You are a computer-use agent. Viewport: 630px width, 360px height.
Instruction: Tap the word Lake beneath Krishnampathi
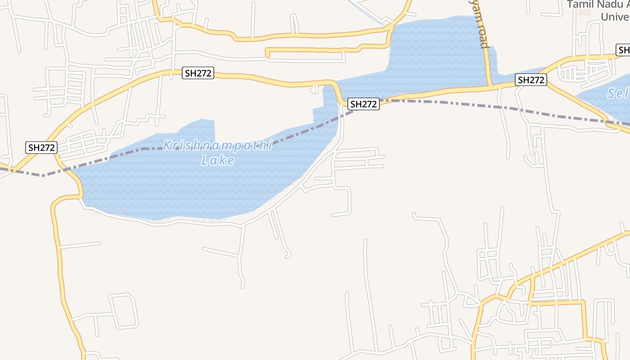(x=218, y=160)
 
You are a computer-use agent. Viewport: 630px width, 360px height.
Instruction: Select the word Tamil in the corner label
(x=578, y=4)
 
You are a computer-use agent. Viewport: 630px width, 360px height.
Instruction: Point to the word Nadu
(x=603, y=4)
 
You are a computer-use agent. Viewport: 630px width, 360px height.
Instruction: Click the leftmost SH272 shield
(x=41, y=148)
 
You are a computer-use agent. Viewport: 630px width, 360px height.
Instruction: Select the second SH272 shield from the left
(x=198, y=73)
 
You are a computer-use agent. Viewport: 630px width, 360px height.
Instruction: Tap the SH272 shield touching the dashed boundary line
(x=363, y=104)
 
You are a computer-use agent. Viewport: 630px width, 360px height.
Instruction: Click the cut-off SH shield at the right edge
(x=623, y=50)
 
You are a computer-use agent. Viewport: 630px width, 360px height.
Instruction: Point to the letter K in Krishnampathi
(x=167, y=145)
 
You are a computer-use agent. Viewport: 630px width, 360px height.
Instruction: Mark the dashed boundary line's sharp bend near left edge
(x=43, y=175)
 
